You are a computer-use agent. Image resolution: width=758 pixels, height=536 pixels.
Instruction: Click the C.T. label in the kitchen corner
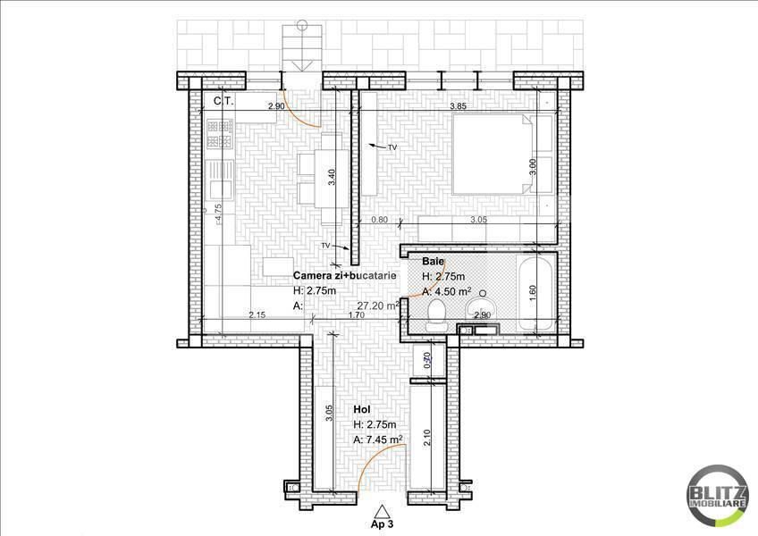click(x=223, y=102)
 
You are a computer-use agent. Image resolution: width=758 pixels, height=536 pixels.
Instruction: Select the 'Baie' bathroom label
click(x=434, y=261)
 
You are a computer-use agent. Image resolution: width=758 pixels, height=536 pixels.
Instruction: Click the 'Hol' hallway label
click(x=362, y=409)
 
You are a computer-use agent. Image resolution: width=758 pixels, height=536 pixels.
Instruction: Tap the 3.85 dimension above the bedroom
click(x=459, y=106)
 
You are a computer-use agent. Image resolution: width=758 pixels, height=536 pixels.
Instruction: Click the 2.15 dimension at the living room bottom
click(x=257, y=314)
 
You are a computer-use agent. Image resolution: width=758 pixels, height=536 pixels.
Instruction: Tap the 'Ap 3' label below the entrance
click(x=383, y=524)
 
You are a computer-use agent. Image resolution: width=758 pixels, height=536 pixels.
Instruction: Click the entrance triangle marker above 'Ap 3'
click(x=383, y=510)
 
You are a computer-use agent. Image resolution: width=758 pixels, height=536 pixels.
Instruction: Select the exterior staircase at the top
click(x=297, y=48)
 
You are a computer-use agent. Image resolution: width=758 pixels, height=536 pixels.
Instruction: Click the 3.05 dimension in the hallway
click(x=329, y=412)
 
